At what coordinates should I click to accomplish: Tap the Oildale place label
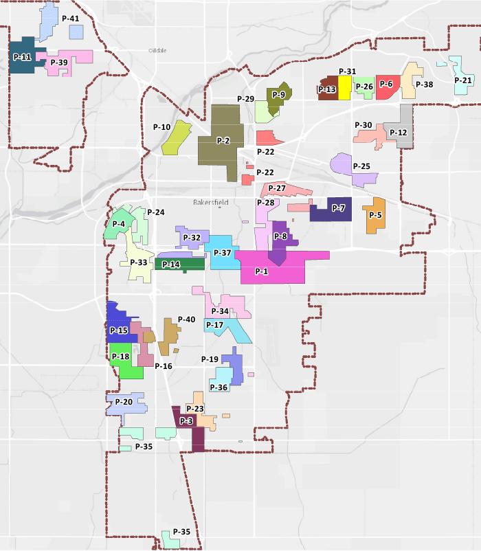158,50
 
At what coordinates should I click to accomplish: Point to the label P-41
71,19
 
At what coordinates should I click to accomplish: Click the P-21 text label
463,80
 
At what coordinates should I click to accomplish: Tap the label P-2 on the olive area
223,141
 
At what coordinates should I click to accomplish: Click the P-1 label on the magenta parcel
262,271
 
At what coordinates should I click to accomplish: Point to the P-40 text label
186,319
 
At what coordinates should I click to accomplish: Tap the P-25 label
361,166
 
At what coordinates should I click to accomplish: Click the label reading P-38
425,85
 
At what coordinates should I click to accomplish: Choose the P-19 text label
210,359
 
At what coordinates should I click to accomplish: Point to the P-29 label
246,99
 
